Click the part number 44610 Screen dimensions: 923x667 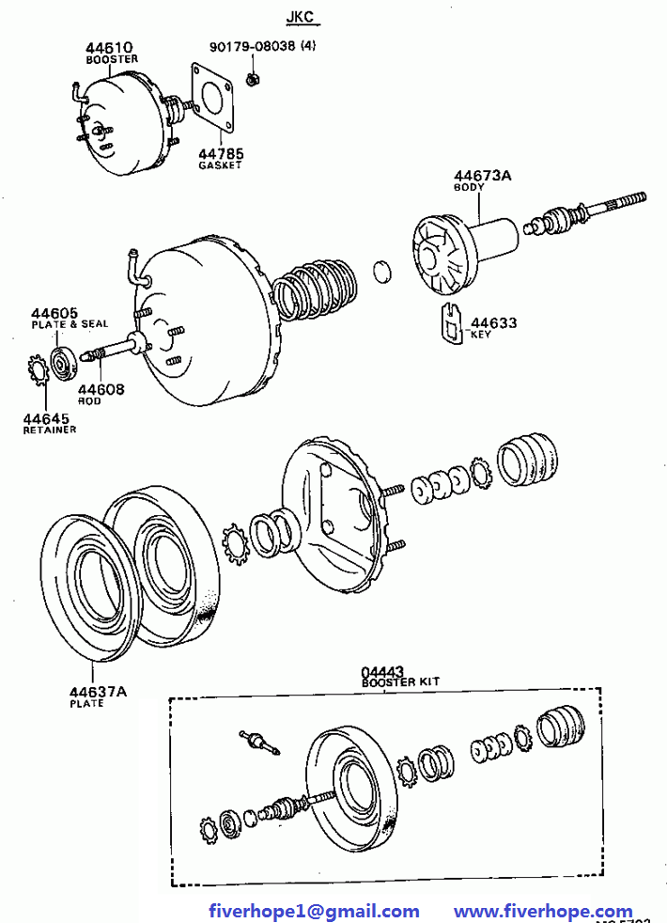point(109,46)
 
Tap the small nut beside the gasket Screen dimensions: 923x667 point(253,76)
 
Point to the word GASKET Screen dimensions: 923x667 point(220,165)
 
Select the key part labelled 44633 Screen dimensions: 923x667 point(452,323)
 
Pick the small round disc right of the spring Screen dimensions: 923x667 point(382,272)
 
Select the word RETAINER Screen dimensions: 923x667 point(50,430)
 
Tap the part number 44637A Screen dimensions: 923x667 point(95,693)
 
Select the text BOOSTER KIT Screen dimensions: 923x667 point(400,681)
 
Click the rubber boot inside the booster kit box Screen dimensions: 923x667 point(561,729)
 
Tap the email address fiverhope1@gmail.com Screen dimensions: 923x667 point(314,911)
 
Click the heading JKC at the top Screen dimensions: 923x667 point(302,18)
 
